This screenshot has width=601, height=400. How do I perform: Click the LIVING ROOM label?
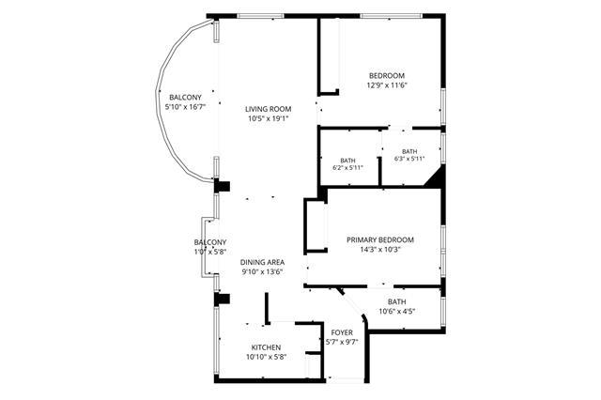pyautogui.click(x=268, y=109)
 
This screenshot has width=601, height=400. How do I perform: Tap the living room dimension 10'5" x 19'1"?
pyautogui.click(x=268, y=118)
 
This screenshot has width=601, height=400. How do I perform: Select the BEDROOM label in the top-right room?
pyautogui.click(x=386, y=75)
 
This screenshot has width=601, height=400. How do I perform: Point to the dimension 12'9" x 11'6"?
pyautogui.click(x=386, y=85)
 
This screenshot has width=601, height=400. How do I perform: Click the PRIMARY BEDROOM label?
pyautogui.click(x=379, y=239)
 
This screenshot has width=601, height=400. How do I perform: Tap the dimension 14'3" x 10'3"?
pyautogui.click(x=379, y=250)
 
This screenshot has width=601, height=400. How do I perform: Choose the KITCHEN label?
pyautogui.click(x=266, y=347)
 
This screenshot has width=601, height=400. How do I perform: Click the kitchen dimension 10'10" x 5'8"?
pyautogui.click(x=266, y=357)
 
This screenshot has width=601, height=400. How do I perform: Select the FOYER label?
pyautogui.click(x=342, y=332)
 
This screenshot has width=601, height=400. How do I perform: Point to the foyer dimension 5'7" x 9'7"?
pyautogui.click(x=342, y=342)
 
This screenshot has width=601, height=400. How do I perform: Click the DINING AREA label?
pyautogui.click(x=262, y=263)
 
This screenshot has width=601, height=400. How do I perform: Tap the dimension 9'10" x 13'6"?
pyautogui.click(x=262, y=272)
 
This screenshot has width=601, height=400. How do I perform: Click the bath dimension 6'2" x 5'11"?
pyautogui.click(x=347, y=167)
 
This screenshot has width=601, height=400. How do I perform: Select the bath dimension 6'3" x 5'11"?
pyautogui.click(x=409, y=159)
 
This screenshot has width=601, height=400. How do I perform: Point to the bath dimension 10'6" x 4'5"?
pyautogui.click(x=396, y=312)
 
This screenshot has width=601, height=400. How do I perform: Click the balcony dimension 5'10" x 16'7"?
pyautogui.click(x=185, y=107)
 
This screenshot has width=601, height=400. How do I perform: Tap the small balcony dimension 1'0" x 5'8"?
pyautogui.click(x=210, y=252)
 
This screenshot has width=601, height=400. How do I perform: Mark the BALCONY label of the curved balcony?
pyautogui.click(x=185, y=98)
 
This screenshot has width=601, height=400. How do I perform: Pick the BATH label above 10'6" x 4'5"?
pyautogui.click(x=396, y=302)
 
